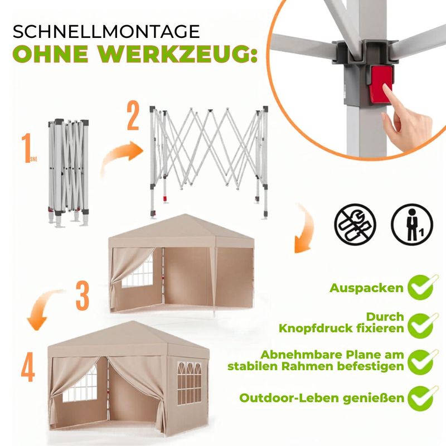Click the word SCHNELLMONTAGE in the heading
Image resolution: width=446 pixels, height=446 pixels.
coord(106,31)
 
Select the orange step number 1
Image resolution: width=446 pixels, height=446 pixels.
coord(26,148)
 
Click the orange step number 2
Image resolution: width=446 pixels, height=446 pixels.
coord(133,117)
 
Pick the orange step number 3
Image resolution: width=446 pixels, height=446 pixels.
coord(83,296)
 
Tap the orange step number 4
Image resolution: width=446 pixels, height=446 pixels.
coord(28,367)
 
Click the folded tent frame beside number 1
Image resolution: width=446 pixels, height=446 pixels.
coord(68,173)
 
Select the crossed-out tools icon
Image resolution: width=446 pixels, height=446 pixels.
coord(355,224)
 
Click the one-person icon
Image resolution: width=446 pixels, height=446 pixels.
coord(412,224)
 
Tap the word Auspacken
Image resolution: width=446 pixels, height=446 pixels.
coord(367,288)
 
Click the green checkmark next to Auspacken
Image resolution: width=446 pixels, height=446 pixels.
coord(421,287)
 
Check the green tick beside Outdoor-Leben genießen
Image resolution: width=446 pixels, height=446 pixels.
coord(421,398)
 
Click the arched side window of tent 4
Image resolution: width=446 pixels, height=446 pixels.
coord(189,383)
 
